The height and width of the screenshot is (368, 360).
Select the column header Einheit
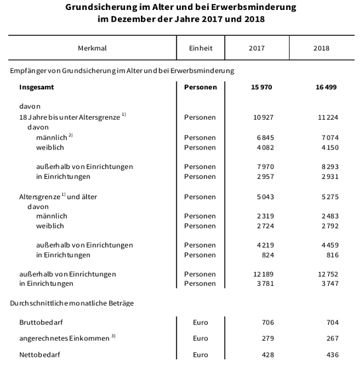200,48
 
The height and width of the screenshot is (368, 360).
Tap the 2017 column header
257,48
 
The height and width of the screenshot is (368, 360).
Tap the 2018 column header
321,48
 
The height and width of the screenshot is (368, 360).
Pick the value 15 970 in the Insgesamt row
262,87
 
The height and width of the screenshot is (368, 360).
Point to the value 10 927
263,116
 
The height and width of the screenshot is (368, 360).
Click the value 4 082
265,147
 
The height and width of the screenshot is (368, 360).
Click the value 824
267,255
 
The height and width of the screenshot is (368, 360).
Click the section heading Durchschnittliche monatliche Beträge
71,303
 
